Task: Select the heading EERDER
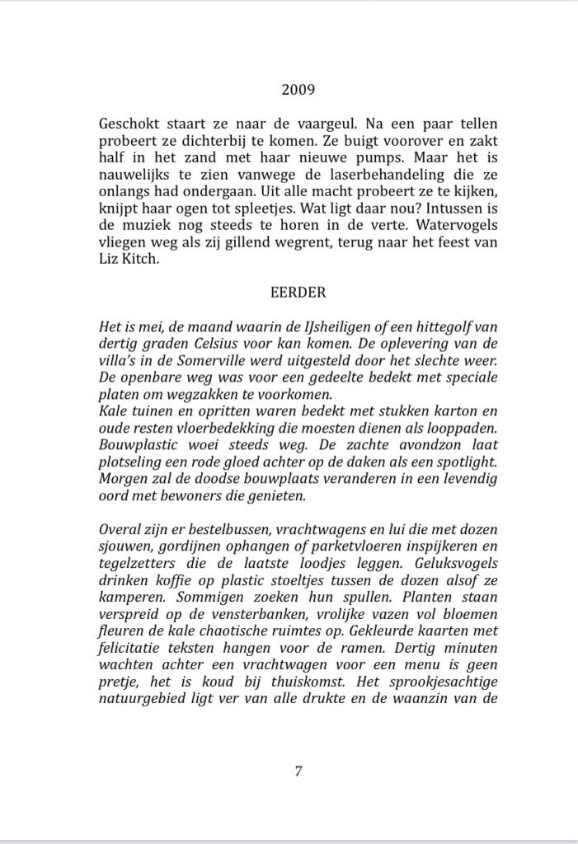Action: pyautogui.click(x=289, y=292)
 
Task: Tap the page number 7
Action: pyautogui.click(x=298, y=771)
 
